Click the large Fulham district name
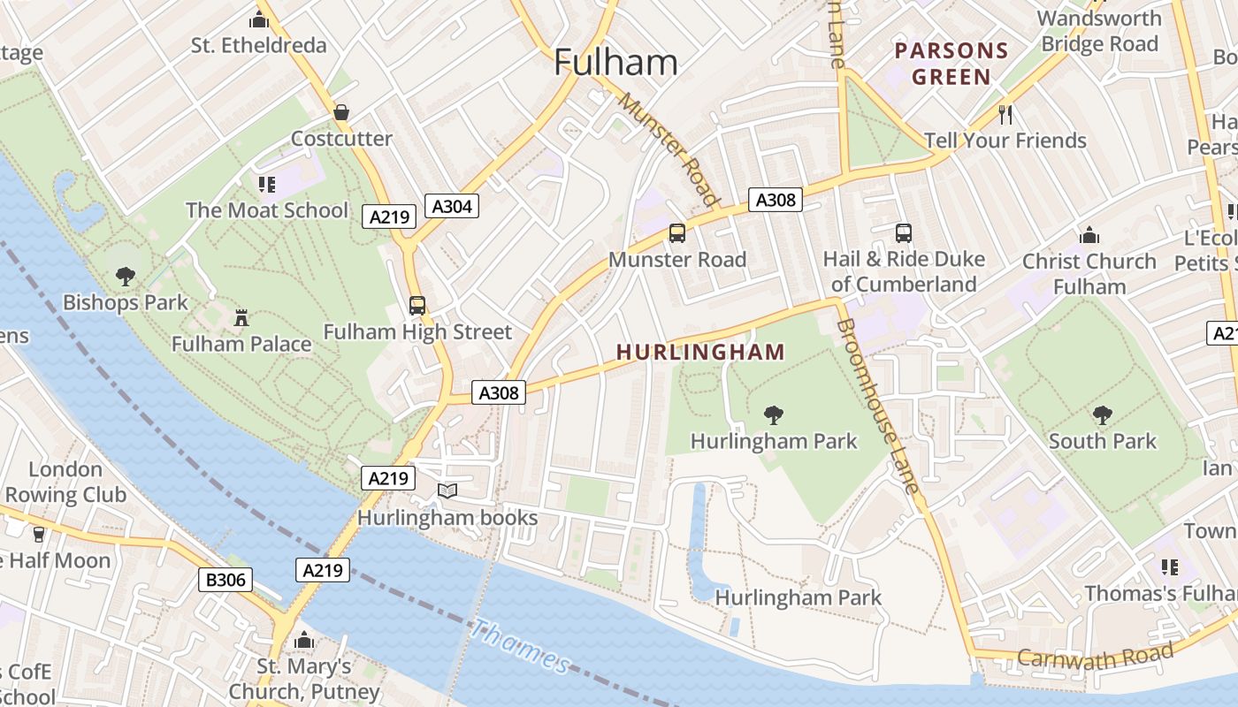coord(615,63)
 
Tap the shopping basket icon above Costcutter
coord(341,112)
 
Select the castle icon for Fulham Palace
coord(241,317)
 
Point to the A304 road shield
coord(452,207)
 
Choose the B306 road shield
coord(225,580)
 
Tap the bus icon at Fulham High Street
coord(417,306)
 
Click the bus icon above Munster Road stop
coord(677,233)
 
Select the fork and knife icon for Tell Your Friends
coord(1005,114)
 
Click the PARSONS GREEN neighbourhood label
coord(951,64)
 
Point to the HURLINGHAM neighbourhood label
coord(700,352)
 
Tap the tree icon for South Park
coord(1102,414)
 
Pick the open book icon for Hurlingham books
coord(447,490)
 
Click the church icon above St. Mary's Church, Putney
coord(304,640)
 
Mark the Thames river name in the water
coord(521,646)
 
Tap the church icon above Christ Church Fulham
coord(1089,235)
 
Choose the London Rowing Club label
coord(65,482)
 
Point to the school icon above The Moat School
coord(266,184)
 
